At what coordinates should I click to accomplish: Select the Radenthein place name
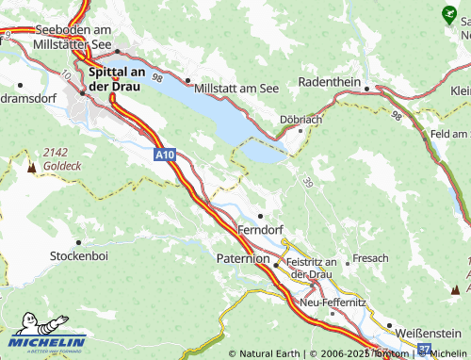(329, 82)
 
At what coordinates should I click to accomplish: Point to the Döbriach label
(300, 119)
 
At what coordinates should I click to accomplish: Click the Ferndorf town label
(261, 229)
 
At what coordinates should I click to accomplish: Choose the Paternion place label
(241, 257)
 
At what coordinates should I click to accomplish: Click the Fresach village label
(369, 257)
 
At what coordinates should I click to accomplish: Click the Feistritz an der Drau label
(312, 267)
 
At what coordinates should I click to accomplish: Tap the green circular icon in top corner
(448, 14)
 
